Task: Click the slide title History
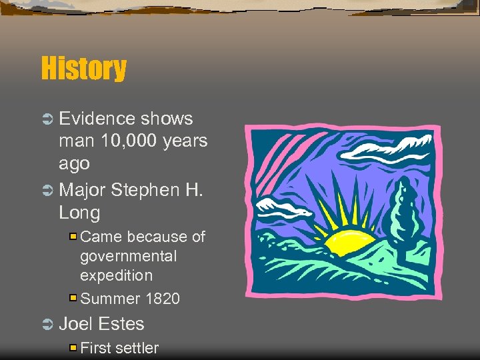83,69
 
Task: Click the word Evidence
97,119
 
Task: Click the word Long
79,213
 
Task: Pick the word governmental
129,257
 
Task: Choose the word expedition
116,275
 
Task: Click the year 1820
162,299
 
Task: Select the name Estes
121,324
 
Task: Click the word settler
137,348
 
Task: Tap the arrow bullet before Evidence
47,119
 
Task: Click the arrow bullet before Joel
47,325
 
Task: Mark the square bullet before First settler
73,347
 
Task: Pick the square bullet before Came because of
73,237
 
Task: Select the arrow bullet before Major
47,191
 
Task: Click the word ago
74,164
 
